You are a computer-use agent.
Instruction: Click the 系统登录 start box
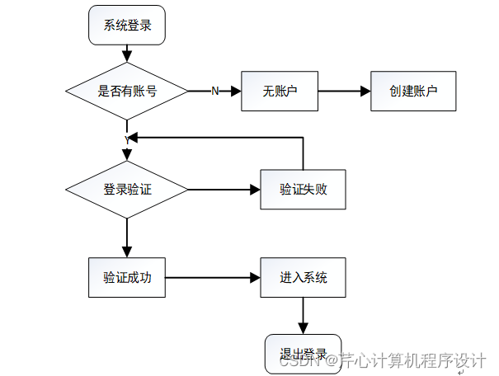pos(127,25)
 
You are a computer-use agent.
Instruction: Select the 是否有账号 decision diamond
pos(127,91)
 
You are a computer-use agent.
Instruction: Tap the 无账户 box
pos(280,91)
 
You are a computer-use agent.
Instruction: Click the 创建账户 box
pos(413,91)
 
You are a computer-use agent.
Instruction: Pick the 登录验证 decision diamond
pos(127,190)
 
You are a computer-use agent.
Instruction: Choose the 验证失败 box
pos(304,190)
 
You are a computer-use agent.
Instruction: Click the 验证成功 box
pos(127,277)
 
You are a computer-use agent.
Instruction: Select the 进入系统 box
pos(304,277)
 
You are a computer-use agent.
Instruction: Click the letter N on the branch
pos(215,91)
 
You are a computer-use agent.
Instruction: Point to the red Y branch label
pos(127,140)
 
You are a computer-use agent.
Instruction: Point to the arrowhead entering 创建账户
pos(365,91)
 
